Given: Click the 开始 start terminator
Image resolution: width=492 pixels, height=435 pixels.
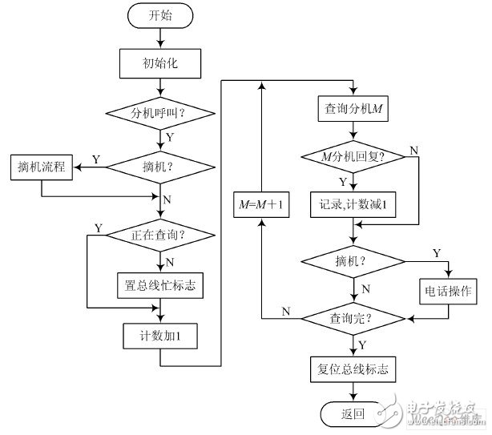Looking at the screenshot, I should (x=161, y=16).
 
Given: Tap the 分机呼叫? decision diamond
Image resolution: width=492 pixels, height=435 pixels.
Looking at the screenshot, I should (x=161, y=114).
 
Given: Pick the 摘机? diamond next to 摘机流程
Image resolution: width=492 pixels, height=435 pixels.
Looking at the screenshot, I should (x=161, y=168).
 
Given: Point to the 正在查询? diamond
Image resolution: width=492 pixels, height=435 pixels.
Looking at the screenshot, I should (x=161, y=235).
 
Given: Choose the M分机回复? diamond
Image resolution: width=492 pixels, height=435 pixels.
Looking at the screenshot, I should (x=352, y=156).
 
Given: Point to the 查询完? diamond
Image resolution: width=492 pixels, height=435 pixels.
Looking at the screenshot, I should (x=352, y=318).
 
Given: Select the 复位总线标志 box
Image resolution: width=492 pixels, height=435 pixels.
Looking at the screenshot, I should (x=352, y=369).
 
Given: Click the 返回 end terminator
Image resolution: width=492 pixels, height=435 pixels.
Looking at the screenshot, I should (x=352, y=414).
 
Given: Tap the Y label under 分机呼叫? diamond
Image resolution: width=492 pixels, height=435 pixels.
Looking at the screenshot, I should (x=170, y=138).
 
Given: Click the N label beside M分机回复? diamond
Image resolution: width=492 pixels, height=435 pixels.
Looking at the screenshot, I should (x=413, y=150).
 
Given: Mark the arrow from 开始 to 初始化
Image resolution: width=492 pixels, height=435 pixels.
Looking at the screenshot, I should (x=161, y=38).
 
